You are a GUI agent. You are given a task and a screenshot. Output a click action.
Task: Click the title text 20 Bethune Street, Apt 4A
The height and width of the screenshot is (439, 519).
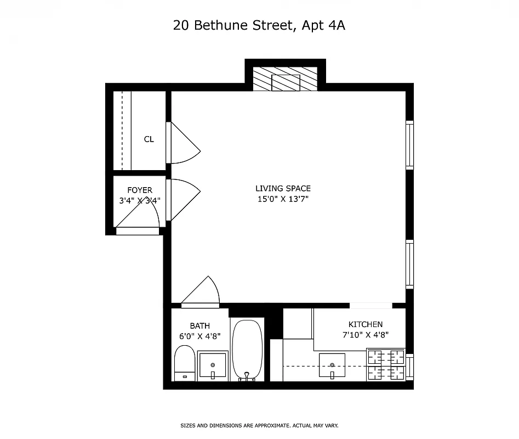(x=259, y=25)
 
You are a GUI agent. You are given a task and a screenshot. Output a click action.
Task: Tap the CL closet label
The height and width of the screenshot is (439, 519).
(x=149, y=139)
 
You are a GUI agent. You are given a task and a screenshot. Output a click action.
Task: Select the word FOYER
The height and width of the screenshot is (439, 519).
(x=140, y=190)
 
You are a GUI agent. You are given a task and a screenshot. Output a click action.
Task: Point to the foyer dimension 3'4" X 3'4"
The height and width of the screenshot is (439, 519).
(x=140, y=201)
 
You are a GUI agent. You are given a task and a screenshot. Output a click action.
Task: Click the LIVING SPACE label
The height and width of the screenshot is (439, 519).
(x=283, y=189)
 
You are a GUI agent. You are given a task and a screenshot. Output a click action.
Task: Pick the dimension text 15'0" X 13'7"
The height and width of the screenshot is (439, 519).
(x=283, y=199)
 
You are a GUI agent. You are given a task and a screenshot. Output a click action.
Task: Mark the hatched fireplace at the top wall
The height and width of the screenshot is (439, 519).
(x=285, y=80)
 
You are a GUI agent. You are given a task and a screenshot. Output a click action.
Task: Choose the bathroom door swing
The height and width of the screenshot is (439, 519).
(x=202, y=291)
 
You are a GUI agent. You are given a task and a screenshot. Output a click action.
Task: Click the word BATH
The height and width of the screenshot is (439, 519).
(x=199, y=326)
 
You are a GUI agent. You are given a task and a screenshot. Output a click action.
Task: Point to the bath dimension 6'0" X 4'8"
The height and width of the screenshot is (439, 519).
(x=199, y=336)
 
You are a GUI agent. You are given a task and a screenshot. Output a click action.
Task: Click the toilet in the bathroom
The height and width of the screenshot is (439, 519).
(x=184, y=363)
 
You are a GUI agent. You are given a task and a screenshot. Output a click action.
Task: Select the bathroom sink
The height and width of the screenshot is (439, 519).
(x=212, y=365)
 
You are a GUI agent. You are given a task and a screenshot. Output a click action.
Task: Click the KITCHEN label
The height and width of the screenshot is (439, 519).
(x=366, y=324)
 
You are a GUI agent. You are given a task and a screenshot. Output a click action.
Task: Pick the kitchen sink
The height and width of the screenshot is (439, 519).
(x=332, y=365)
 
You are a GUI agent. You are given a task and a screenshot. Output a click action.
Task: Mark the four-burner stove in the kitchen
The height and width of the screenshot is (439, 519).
(x=385, y=365)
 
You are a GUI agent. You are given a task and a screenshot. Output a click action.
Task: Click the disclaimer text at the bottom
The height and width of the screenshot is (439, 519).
(x=259, y=425)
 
